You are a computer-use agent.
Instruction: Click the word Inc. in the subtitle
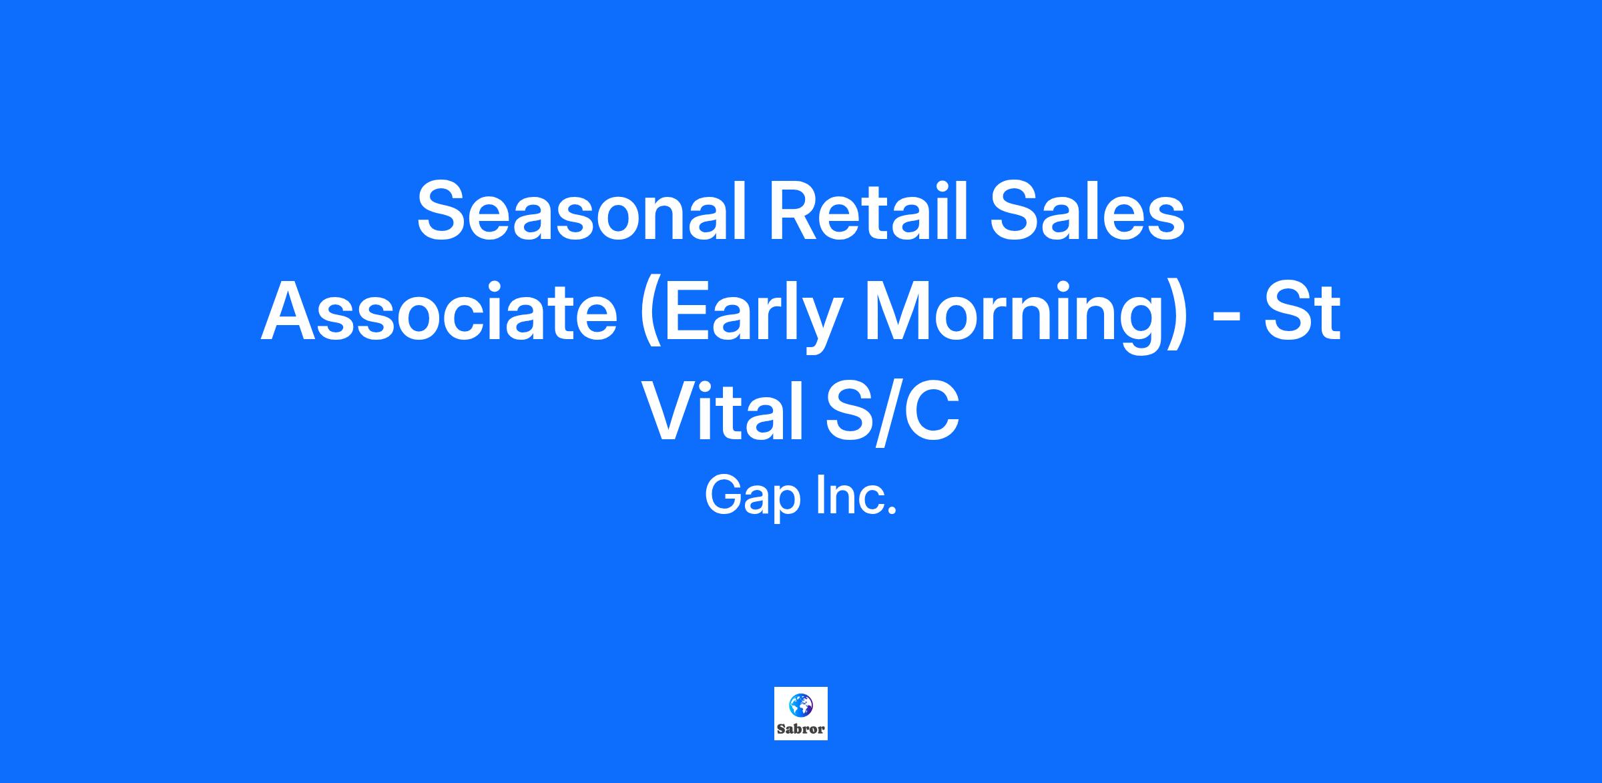(x=857, y=496)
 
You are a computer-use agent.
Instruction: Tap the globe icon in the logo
(x=801, y=704)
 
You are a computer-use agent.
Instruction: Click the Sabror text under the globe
(x=801, y=729)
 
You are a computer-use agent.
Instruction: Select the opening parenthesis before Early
(x=651, y=317)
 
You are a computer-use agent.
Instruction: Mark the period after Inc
(x=893, y=512)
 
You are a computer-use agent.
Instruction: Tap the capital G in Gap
(x=723, y=496)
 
